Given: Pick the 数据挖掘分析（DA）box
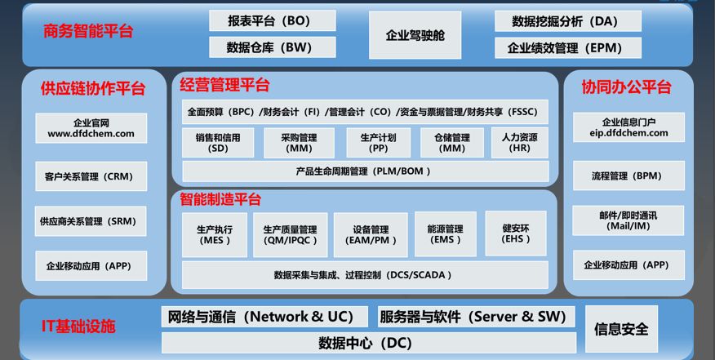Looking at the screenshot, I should click(x=567, y=20).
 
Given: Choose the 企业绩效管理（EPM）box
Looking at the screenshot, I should click(x=567, y=47).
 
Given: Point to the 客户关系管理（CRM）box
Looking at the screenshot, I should click(x=90, y=176).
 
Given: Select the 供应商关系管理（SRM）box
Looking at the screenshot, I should click(x=90, y=221).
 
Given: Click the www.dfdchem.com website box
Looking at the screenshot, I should click(x=90, y=128).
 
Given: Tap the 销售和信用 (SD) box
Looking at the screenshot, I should click(x=218, y=143).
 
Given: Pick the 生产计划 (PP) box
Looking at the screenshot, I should click(x=378, y=143).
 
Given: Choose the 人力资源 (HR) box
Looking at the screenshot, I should click(x=519, y=143).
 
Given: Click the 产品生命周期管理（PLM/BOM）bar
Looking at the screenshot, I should click(x=364, y=171).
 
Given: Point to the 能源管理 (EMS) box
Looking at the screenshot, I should click(x=444, y=234).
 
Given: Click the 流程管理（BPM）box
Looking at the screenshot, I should click(x=626, y=176).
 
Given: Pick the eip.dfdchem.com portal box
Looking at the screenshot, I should click(x=626, y=127).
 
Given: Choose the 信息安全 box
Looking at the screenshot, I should click(x=622, y=329).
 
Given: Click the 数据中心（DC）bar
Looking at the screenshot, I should click(x=364, y=342).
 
